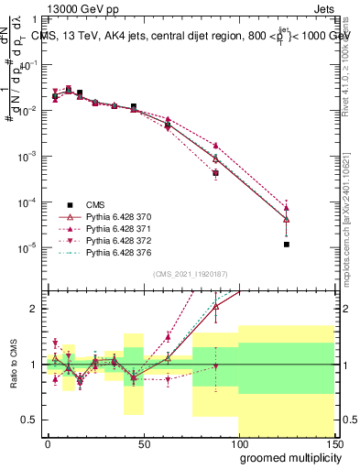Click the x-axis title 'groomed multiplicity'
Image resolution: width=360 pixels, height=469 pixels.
point(289,456)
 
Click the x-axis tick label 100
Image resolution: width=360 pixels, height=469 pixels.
point(240,443)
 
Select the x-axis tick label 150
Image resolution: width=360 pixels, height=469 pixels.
point(335,443)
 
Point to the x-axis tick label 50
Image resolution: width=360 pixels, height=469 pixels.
point(144,443)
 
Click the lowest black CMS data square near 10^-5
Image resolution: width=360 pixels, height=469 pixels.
point(287,245)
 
